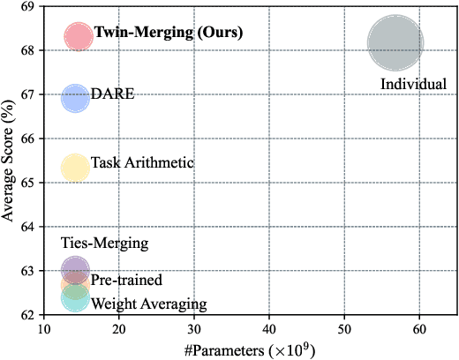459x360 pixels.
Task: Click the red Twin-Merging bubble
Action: click(78, 36)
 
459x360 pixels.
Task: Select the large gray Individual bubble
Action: click(396, 43)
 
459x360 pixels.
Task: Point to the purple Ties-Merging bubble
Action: click(75, 268)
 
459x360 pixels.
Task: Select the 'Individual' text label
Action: click(413, 84)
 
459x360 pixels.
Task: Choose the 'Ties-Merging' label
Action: click(104, 243)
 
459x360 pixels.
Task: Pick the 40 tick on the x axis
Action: click(269, 327)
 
